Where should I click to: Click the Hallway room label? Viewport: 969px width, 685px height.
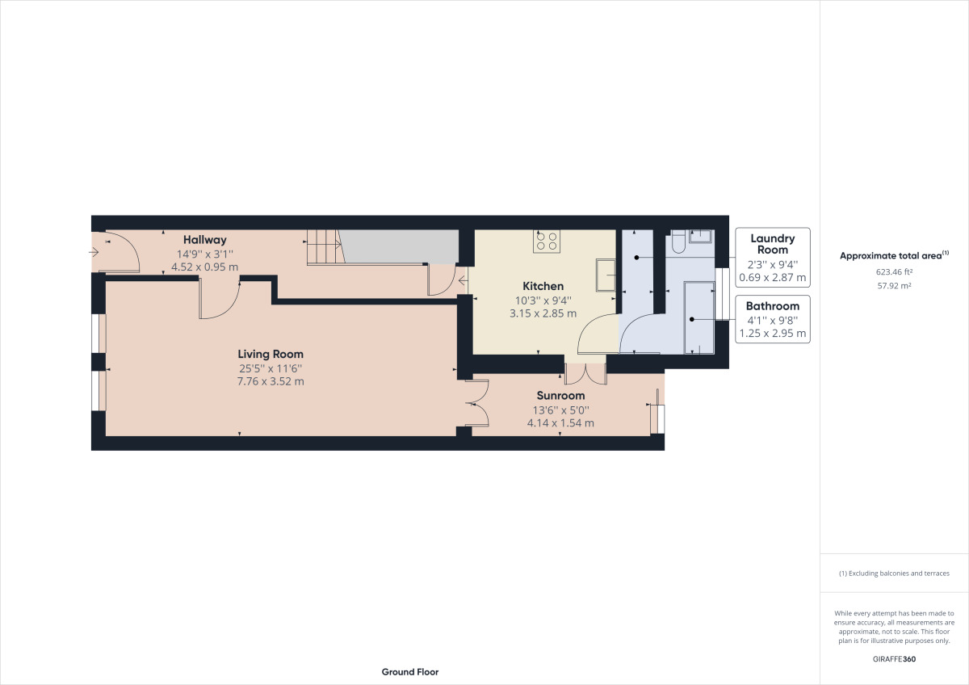pos(204,240)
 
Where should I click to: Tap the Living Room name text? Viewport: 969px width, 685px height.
pos(271,354)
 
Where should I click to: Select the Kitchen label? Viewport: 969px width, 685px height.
pos(543,286)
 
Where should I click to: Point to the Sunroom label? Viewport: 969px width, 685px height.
pos(560,396)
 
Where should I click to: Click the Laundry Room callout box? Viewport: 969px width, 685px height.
pos(773,257)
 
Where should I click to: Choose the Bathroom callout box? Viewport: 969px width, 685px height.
pos(773,319)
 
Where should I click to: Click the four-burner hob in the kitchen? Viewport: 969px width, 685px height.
pos(547,241)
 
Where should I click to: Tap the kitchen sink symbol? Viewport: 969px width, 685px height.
pos(605,275)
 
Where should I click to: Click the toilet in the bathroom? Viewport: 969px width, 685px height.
pos(677,243)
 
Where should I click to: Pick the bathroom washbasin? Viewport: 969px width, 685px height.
pos(700,236)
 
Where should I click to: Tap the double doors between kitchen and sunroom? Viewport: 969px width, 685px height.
pos(585,373)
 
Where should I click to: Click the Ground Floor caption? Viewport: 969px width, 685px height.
pos(410,672)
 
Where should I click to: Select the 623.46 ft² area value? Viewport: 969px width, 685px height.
pos(894,272)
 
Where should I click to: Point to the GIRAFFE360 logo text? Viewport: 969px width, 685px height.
pos(894,659)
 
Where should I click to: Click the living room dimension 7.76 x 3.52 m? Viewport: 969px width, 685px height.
pos(271,381)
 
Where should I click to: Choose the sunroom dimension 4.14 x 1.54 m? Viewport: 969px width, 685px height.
pos(560,422)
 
